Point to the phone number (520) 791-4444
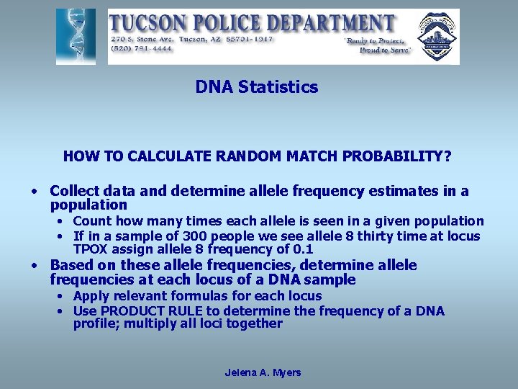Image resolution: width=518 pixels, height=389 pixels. (x=141, y=49)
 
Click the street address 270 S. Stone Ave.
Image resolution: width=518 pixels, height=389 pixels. (x=145, y=39)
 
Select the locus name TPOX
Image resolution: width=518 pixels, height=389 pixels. (x=90, y=249)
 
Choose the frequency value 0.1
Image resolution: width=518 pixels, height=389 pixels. (x=301, y=249)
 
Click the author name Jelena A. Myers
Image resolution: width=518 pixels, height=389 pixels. (x=263, y=372)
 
